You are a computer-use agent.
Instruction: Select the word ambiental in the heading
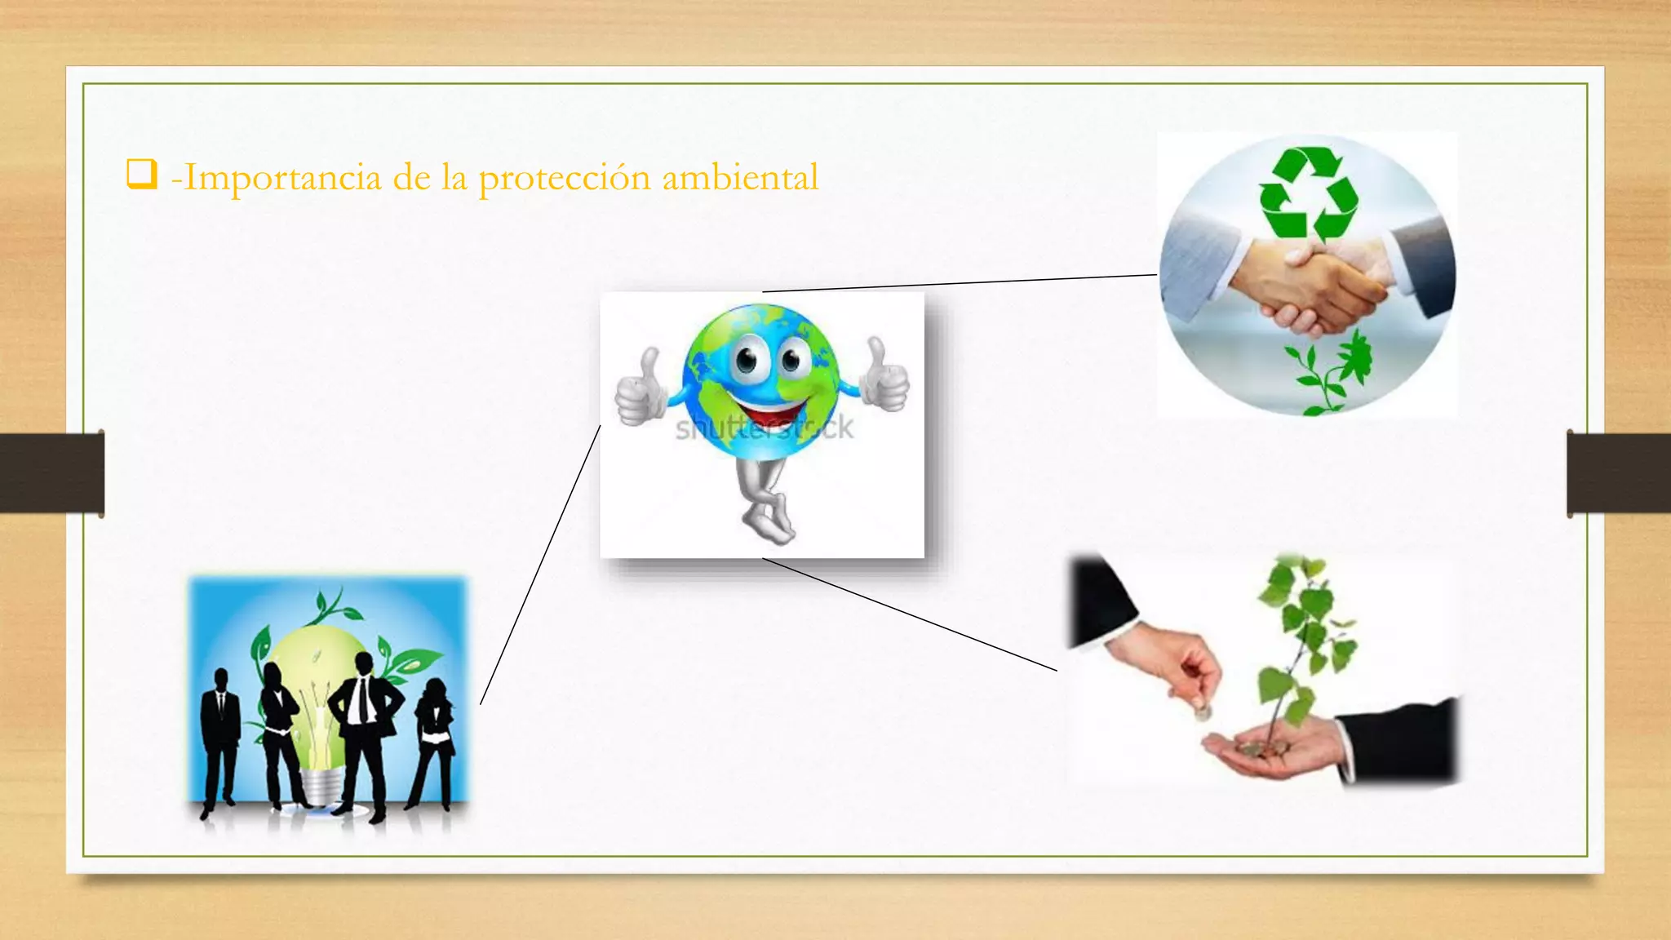[x=740, y=178]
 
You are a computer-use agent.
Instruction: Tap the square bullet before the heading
[x=141, y=175]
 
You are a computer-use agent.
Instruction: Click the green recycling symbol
[x=1308, y=194]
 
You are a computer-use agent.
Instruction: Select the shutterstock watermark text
[x=764, y=428]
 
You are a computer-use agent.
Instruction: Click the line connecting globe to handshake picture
[x=960, y=283]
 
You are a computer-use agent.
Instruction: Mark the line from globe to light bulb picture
[x=540, y=565]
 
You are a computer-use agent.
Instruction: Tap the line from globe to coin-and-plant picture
[x=910, y=614]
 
